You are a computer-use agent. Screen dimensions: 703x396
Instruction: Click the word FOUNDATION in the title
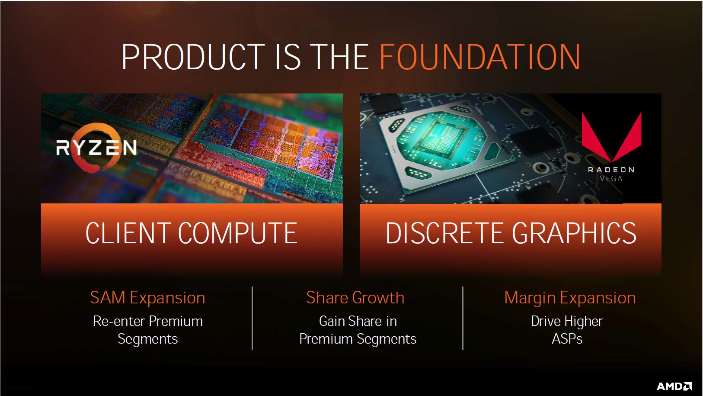click(x=480, y=57)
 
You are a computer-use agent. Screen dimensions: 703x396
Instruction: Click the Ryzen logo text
click(x=96, y=148)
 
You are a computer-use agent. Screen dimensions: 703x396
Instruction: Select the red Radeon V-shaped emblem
click(x=612, y=137)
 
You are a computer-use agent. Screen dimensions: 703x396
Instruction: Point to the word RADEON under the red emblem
click(x=611, y=170)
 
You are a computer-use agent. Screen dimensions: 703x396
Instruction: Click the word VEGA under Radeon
click(x=611, y=179)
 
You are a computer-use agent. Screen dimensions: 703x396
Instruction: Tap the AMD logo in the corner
click(x=674, y=386)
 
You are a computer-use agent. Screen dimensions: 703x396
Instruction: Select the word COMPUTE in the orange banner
click(x=238, y=233)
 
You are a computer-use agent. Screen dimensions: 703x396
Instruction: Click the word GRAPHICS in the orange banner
click(x=574, y=233)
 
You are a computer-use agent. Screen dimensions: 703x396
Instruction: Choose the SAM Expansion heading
click(x=147, y=298)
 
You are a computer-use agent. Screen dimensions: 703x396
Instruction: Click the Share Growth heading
click(x=355, y=298)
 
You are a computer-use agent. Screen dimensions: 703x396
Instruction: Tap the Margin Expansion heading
click(x=570, y=298)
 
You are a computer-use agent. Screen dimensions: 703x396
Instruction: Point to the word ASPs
click(x=567, y=339)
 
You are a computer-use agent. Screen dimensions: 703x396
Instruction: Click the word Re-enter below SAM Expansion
click(x=119, y=321)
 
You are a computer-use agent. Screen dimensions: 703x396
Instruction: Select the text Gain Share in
click(x=358, y=321)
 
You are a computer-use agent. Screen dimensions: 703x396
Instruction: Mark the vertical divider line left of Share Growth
click(x=252, y=318)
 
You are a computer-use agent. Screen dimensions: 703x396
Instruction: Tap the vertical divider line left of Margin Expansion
click(x=463, y=318)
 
